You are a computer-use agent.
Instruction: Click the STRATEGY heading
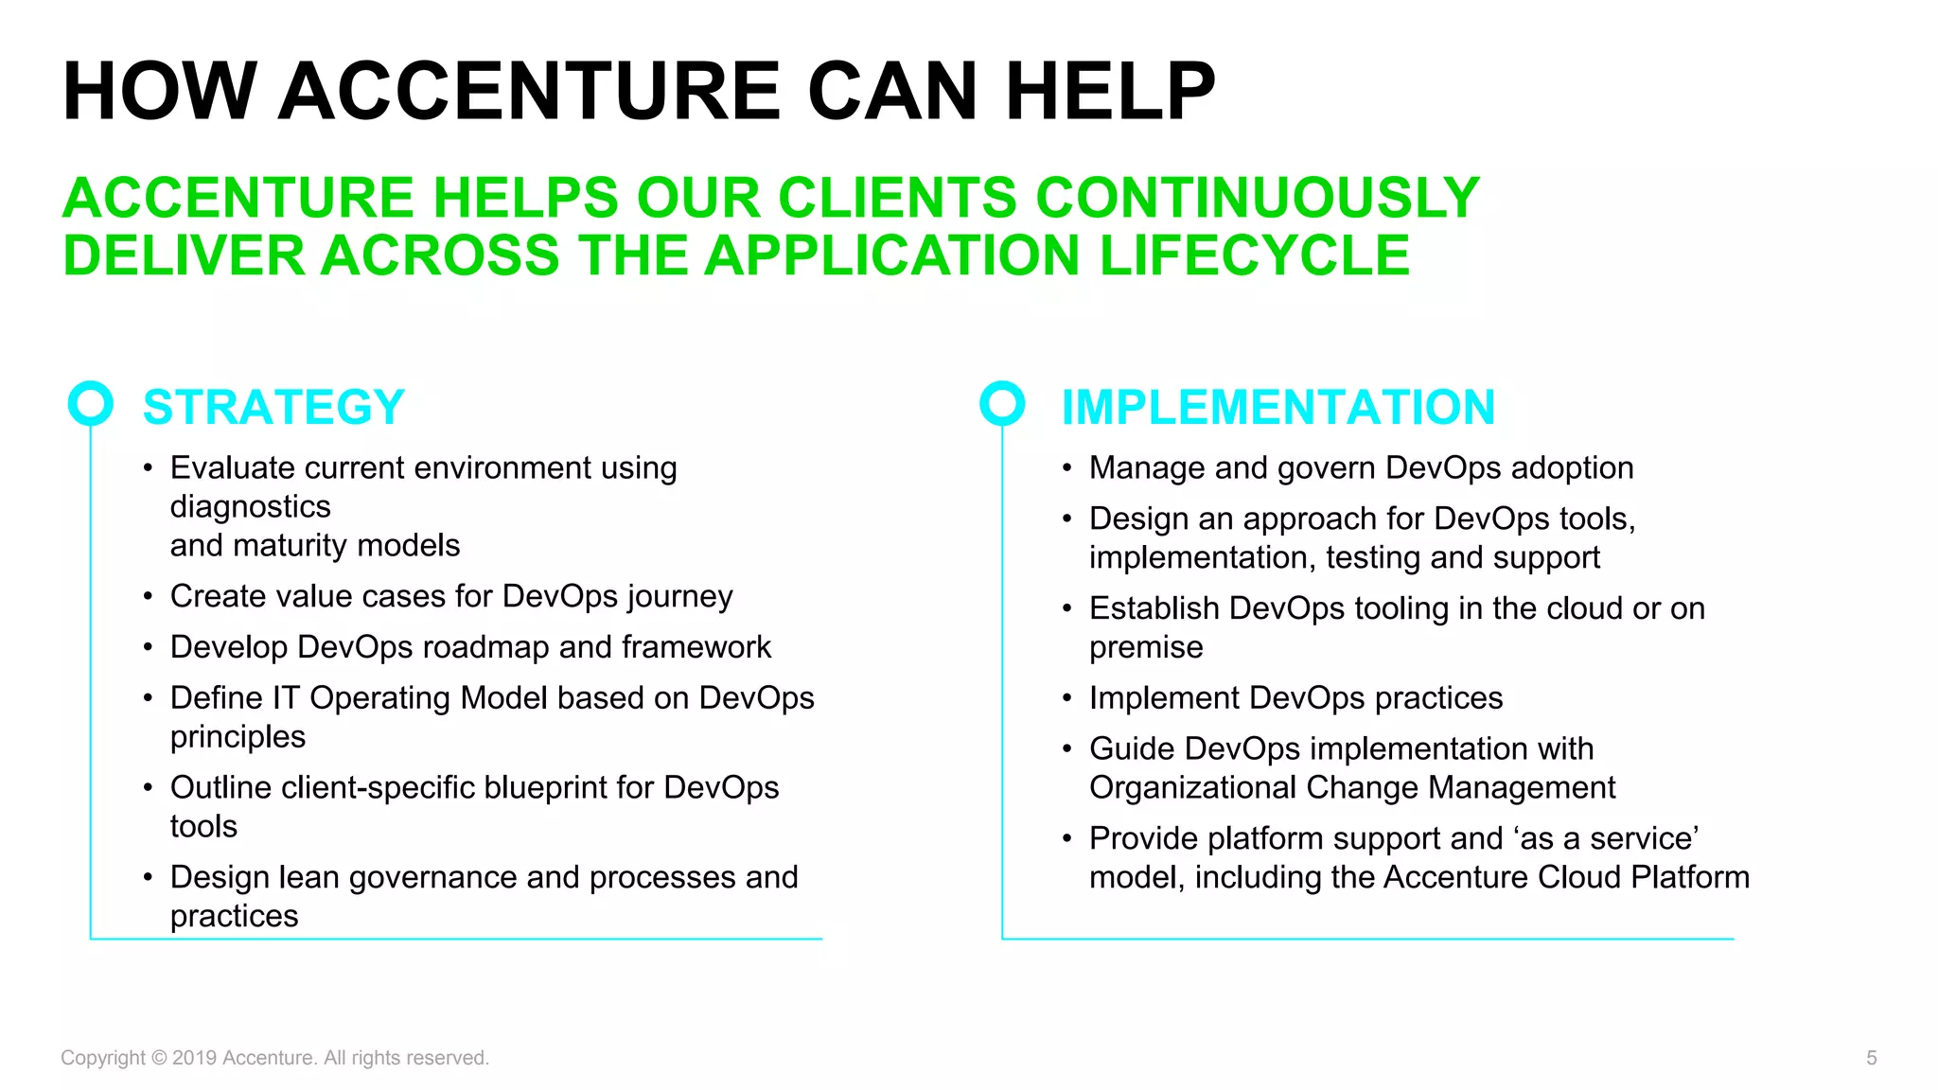pyautogui.click(x=273, y=408)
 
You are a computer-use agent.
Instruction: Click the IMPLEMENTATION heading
pyautogui.click(x=1277, y=408)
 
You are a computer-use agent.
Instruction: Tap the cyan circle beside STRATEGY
pyautogui.click(x=91, y=404)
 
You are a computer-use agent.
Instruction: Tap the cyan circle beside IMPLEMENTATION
pyautogui.click(x=1002, y=404)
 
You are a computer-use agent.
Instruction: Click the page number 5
pyautogui.click(x=1871, y=1058)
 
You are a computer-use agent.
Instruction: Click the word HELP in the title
pyautogui.click(x=1109, y=92)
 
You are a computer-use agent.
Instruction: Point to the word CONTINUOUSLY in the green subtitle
pyautogui.click(x=1258, y=198)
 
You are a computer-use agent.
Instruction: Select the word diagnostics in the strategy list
pyautogui.click(x=250, y=507)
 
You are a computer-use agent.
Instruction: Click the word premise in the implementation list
pyautogui.click(x=1146, y=648)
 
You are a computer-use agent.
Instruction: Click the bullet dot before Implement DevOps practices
pyautogui.click(x=1066, y=699)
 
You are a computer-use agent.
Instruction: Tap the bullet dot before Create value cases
pyautogui.click(x=148, y=597)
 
